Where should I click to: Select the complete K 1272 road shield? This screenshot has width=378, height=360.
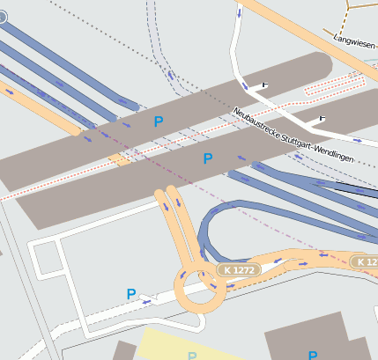(238, 269)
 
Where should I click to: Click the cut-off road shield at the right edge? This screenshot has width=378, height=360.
(366, 261)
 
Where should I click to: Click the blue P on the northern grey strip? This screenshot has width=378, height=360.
(159, 121)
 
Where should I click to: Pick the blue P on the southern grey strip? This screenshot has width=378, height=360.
(208, 158)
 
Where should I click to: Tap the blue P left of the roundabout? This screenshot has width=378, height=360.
(131, 294)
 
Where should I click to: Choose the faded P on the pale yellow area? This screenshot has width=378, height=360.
(192, 356)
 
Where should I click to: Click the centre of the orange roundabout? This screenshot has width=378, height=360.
(201, 288)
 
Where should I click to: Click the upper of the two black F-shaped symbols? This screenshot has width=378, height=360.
(263, 84)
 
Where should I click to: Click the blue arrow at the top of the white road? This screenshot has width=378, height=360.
(239, 13)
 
